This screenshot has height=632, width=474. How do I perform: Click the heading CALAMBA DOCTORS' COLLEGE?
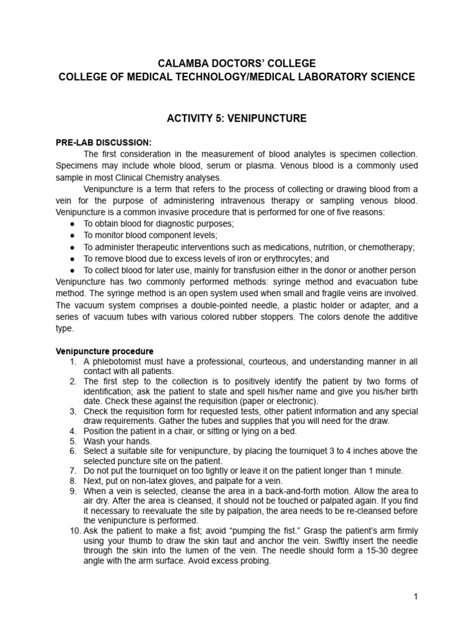237,64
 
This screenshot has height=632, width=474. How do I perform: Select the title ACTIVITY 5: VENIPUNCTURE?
237,118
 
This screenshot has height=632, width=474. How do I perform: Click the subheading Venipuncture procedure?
104,352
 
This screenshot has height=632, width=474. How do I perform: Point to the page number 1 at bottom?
417,597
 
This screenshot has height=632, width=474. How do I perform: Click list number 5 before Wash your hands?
73,441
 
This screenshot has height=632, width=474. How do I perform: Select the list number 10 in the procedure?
73,531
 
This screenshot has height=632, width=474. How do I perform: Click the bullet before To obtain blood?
73,223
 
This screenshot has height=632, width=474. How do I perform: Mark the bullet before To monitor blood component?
73,235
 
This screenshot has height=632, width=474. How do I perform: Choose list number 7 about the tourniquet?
73,470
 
